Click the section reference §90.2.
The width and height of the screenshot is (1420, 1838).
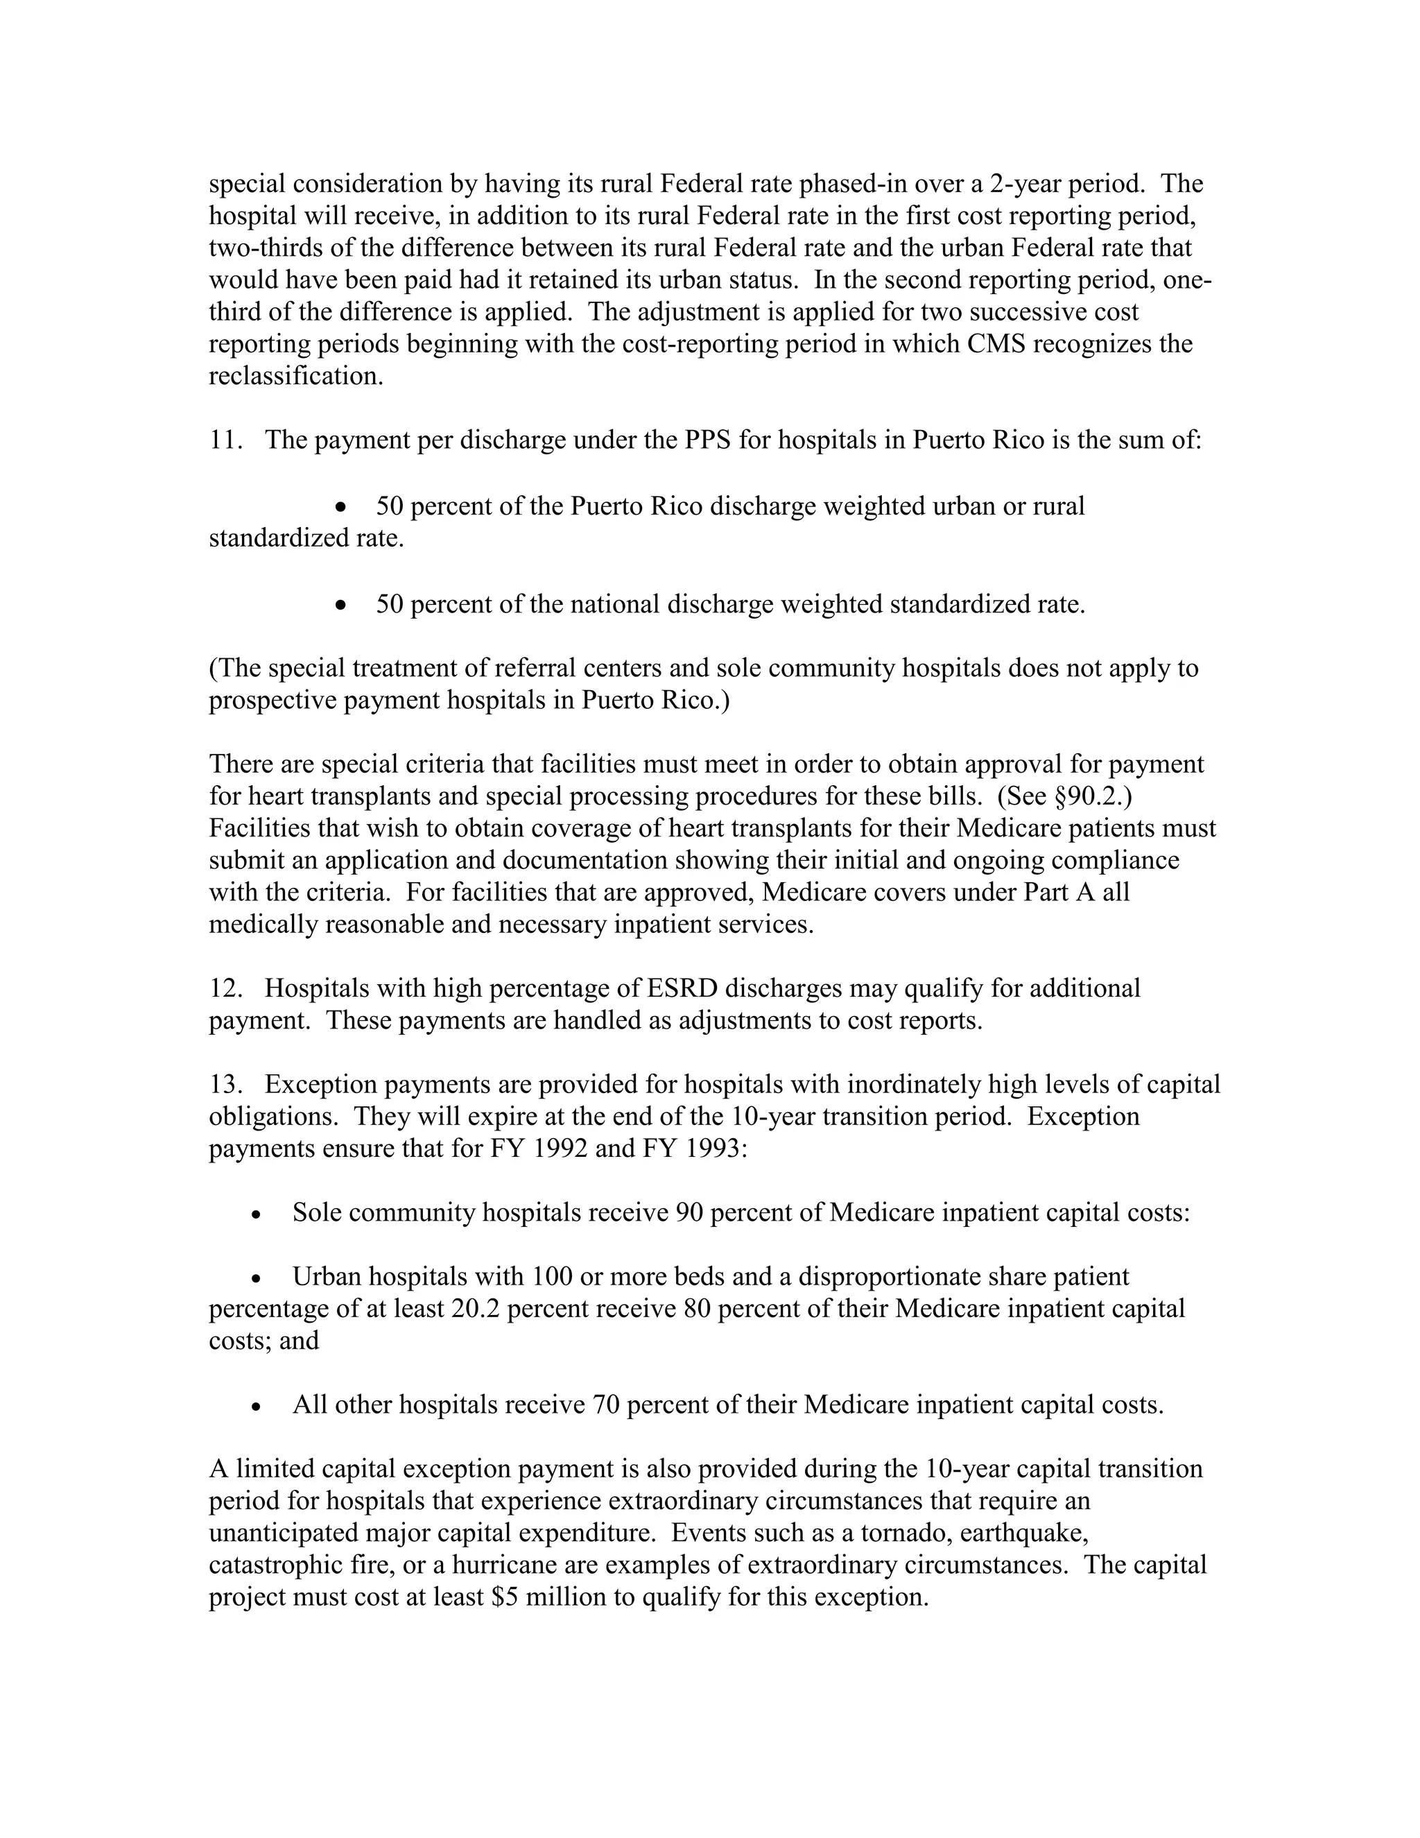1092,796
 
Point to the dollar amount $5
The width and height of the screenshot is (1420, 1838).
505,1597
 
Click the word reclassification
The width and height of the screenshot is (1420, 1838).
295,376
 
